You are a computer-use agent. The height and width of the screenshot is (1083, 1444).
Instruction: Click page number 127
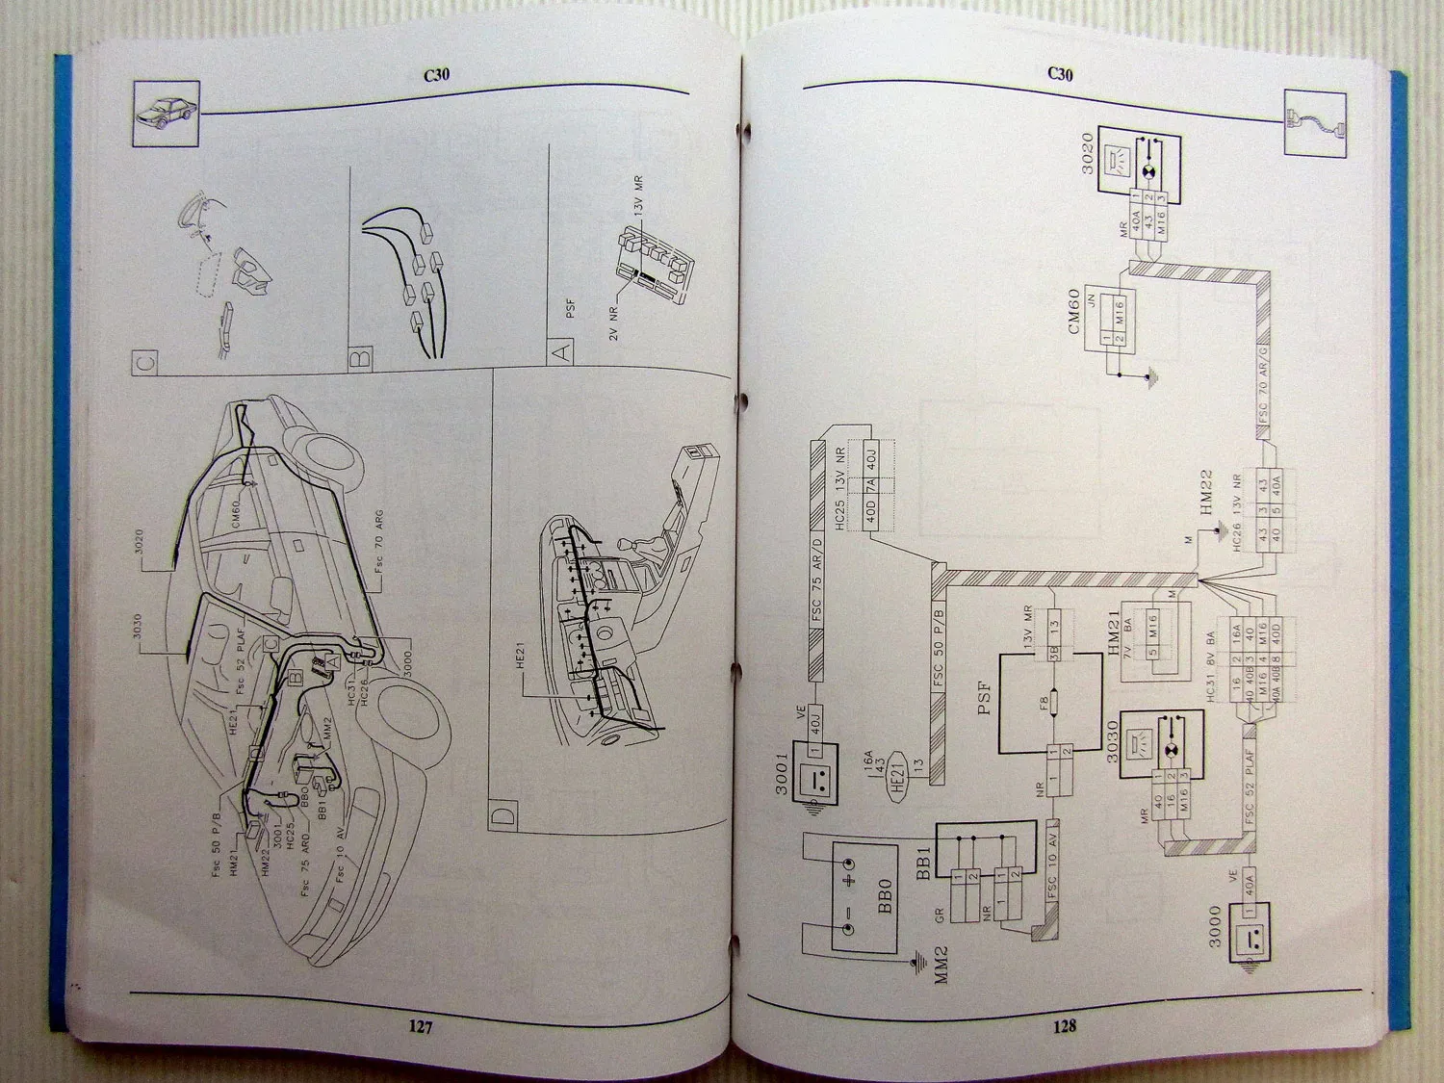click(421, 1027)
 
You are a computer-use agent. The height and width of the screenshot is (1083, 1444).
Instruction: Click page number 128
click(1064, 1026)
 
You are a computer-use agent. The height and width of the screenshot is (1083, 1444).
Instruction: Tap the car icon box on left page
click(165, 114)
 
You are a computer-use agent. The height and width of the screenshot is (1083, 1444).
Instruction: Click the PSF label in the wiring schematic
click(984, 695)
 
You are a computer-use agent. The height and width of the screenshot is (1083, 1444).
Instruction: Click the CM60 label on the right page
click(1075, 310)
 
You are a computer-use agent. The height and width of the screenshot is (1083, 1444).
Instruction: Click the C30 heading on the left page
click(437, 75)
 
